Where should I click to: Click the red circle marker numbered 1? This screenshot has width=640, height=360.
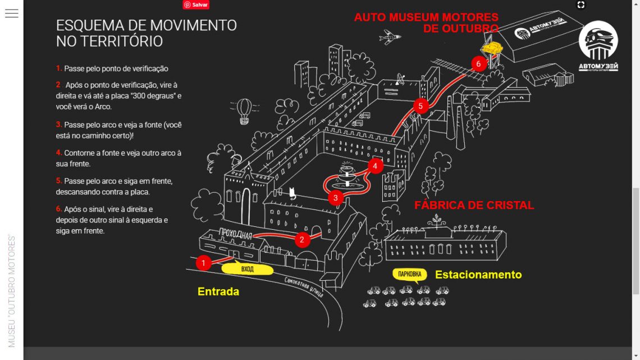click(203, 262)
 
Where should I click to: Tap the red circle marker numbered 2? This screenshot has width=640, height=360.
click(302, 240)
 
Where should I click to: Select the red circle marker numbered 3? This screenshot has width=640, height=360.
click(335, 198)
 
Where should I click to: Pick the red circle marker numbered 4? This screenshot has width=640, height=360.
click(375, 166)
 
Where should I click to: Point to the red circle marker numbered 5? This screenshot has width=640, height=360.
click(420, 105)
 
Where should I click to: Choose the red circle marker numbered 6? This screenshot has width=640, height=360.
click(478, 63)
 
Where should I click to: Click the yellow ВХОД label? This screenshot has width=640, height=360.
click(248, 270)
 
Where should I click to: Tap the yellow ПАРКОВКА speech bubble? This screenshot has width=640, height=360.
click(409, 275)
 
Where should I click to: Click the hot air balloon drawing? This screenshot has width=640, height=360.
click(244, 110)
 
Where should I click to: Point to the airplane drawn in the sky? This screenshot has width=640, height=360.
click(391, 37)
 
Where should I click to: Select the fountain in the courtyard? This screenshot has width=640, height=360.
click(346, 175)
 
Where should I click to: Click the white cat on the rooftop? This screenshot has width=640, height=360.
click(292, 193)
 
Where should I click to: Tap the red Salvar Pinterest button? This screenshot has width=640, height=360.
click(195, 4)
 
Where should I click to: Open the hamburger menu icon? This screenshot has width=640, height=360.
click(12, 13)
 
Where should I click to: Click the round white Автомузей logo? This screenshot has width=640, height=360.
click(598, 46)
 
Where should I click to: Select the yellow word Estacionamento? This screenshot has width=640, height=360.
click(478, 275)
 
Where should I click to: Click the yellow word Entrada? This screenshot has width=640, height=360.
click(218, 291)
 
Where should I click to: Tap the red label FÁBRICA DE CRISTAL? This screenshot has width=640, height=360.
click(474, 205)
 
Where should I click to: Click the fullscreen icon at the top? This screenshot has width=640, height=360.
click(581, 5)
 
